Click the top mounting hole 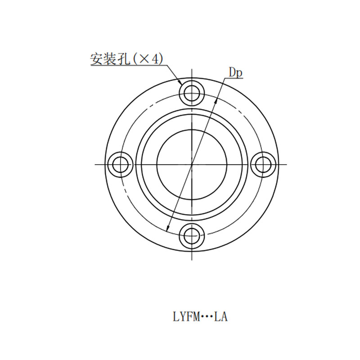point(192,93)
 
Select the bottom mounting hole point(192,236)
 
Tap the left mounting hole point(120,164)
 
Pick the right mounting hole point(263,164)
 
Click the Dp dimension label point(235,73)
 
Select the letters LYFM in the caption point(186,317)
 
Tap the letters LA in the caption point(220,317)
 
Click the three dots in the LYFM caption point(207,317)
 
